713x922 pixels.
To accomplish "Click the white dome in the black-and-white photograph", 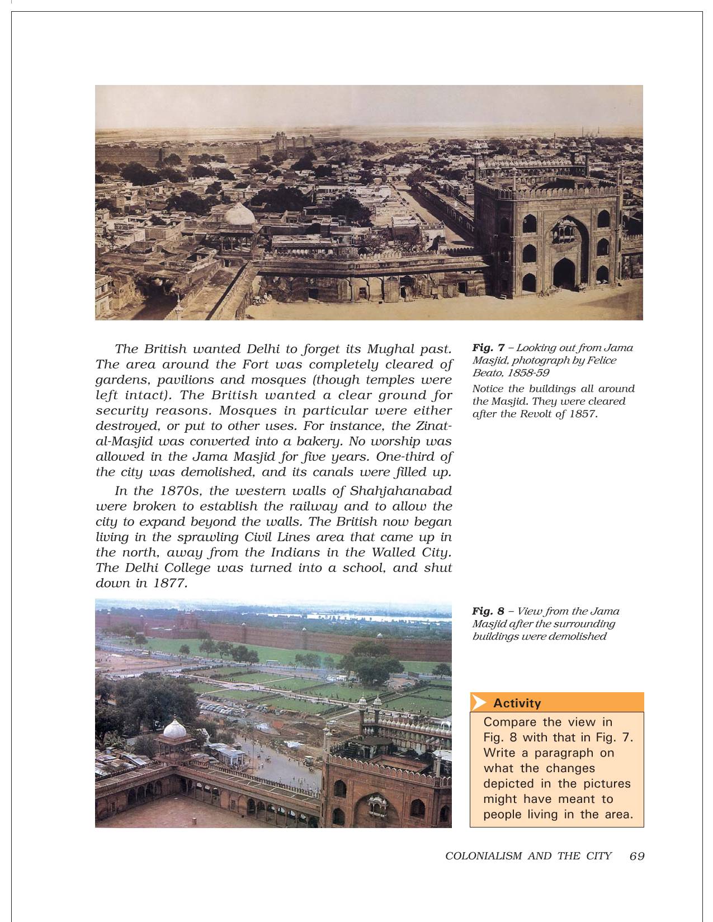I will (x=239, y=215).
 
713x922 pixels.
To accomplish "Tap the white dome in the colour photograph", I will (x=174, y=729).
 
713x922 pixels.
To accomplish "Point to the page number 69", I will (x=637, y=856).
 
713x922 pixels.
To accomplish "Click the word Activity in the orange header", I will (x=517, y=703).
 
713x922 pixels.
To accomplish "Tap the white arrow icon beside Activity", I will (x=479, y=703).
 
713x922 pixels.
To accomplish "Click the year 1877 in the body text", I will (x=168, y=583).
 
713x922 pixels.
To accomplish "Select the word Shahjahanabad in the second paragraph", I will (x=400, y=491).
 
